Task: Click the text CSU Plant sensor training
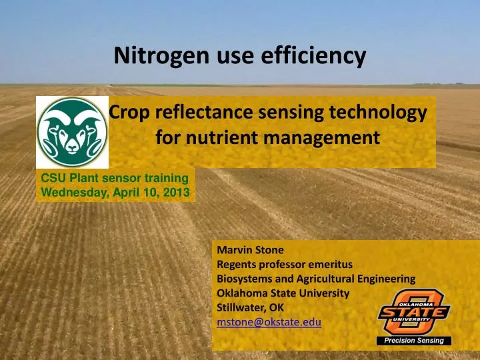coord(115,178)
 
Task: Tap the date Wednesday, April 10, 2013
coord(115,193)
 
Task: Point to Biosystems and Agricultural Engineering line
coord(316,279)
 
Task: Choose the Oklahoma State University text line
coord(283,293)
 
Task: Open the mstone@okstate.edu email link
coord(269,322)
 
